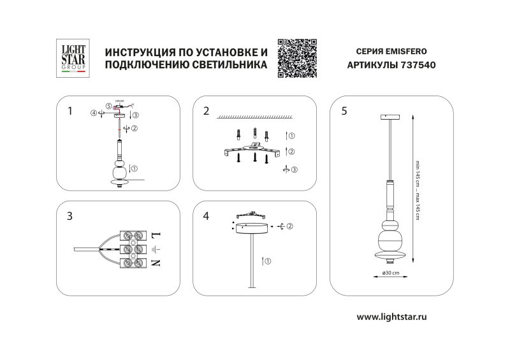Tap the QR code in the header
tap(298, 58)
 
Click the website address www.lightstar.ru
tap(391, 317)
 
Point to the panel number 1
tap(69, 111)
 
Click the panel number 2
tap(206, 111)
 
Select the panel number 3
tap(69, 216)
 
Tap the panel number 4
tap(206, 216)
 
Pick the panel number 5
tap(344, 111)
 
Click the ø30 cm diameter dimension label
tap(390, 273)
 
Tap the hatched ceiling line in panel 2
tap(255, 118)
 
